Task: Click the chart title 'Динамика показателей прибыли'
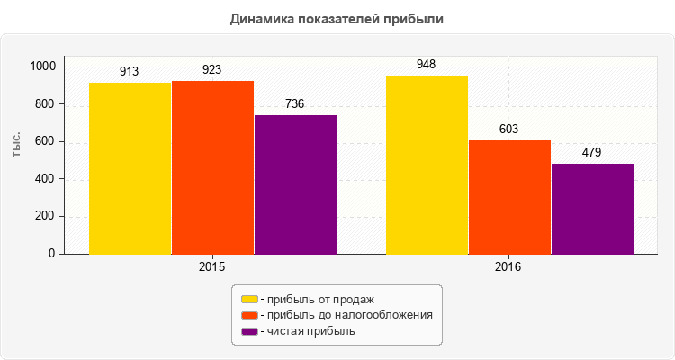(x=337, y=18)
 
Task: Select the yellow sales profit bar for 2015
(x=130, y=168)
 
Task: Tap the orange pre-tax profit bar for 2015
(x=212, y=167)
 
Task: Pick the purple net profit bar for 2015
(x=295, y=184)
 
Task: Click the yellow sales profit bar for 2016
(x=427, y=165)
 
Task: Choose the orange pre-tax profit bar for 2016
(x=509, y=197)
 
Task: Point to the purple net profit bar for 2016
(x=592, y=209)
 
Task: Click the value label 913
(x=130, y=71)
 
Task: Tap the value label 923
(x=212, y=69)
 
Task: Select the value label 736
(x=295, y=104)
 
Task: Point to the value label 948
(x=427, y=65)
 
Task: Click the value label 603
(x=509, y=130)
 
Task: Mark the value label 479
(x=592, y=153)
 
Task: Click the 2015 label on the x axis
(x=212, y=268)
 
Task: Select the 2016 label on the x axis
(x=509, y=268)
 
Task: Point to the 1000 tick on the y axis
(x=41, y=67)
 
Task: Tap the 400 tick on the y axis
(x=45, y=179)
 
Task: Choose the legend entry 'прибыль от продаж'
(x=316, y=299)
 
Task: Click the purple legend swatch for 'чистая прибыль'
(x=248, y=331)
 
